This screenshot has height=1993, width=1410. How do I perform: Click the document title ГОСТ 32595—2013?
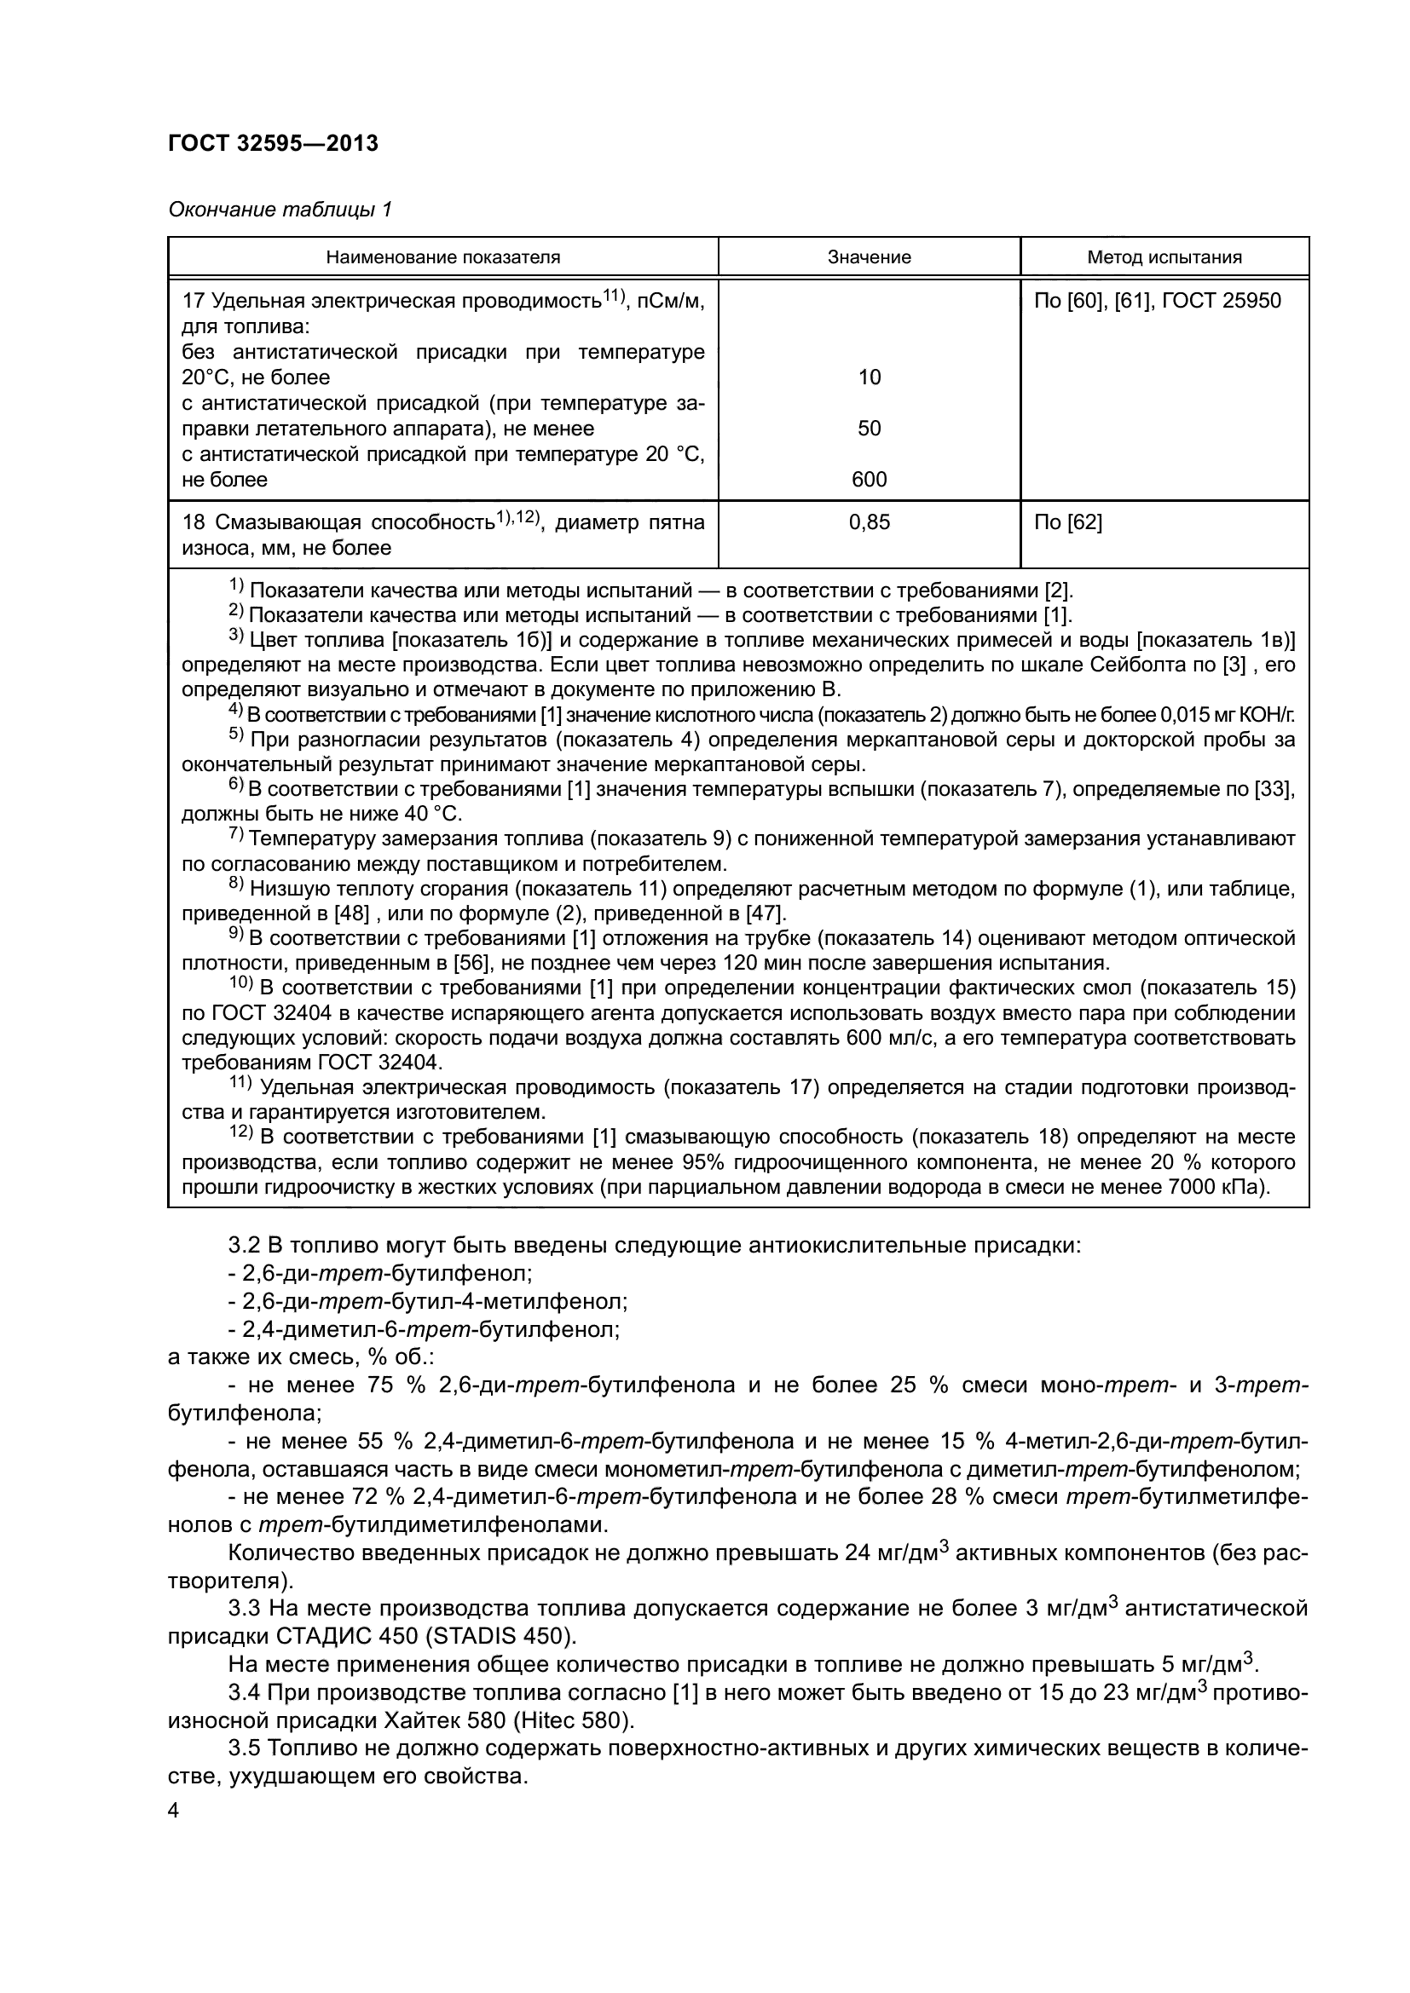(x=274, y=143)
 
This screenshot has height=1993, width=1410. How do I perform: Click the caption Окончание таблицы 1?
(x=280, y=210)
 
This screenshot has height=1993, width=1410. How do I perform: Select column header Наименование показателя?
(x=442, y=257)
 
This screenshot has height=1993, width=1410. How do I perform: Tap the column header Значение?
(x=869, y=257)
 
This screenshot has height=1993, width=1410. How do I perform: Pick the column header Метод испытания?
(x=1164, y=257)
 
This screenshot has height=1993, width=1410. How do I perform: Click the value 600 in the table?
(x=869, y=479)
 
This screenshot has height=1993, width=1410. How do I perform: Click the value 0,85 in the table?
(x=869, y=521)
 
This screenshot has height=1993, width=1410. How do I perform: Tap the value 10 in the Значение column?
(x=869, y=377)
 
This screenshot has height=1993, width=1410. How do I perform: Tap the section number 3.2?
(x=246, y=1246)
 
